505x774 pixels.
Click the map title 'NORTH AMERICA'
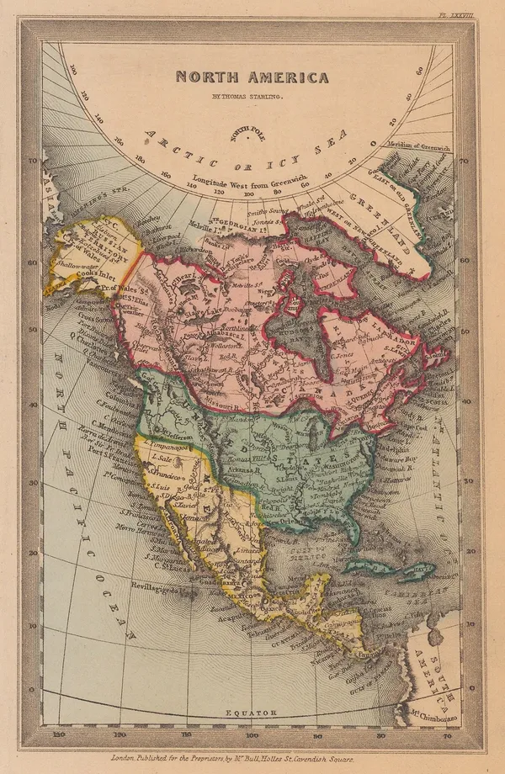252,77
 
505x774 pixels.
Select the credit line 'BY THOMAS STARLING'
252,98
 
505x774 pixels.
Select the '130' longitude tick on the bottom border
59,734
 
